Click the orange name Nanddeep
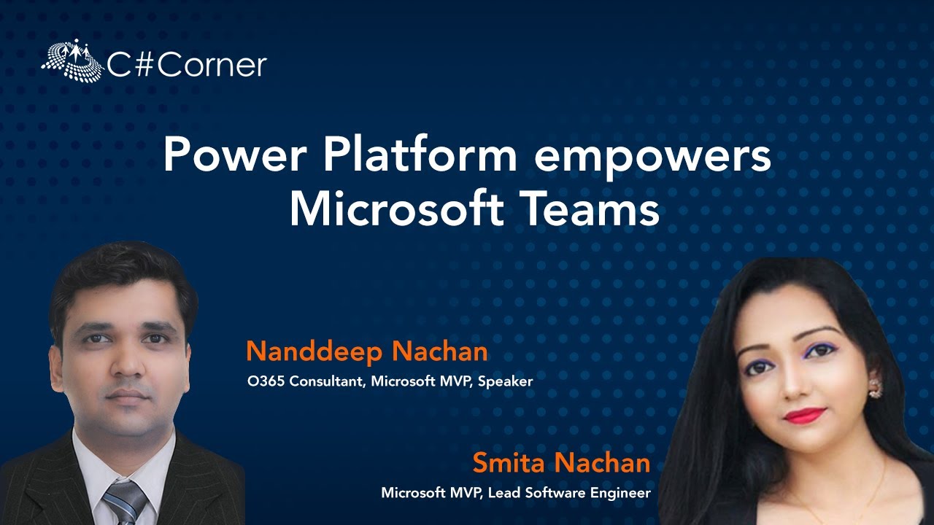click(x=314, y=352)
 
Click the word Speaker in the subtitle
click(x=506, y=381)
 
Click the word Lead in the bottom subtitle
click(x=502, y=493)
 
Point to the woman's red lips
click(x=805, y=415)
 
